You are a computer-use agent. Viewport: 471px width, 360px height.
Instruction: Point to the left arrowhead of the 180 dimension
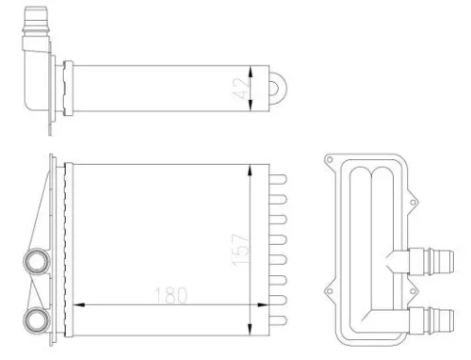[77, 305]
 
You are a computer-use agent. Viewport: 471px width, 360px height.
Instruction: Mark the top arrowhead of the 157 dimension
[249, 170]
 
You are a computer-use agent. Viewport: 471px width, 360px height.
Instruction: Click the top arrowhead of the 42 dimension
[249, 68]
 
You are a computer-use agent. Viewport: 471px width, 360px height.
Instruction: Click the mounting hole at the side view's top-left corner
[328, 162]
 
